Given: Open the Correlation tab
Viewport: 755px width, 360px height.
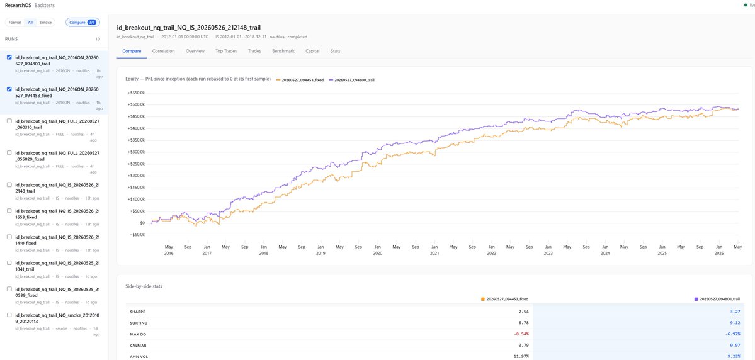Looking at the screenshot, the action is click(163, 51).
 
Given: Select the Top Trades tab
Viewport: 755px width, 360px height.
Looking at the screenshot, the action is click(226, 51).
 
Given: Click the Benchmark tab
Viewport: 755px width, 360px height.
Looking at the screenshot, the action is click(283, 51).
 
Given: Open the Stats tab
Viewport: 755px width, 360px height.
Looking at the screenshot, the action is click(336, 51).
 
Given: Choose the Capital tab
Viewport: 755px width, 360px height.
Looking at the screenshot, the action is click(312, 51).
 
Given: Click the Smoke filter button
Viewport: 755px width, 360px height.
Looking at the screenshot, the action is click(46, 22).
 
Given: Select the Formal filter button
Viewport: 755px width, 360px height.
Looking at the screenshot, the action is click(15, 22).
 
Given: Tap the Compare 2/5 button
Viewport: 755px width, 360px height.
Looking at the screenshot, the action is click(83, 22).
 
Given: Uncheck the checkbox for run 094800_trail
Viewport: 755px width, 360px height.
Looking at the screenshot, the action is click(9, 57).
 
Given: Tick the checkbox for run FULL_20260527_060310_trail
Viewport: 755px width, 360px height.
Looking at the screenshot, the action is click(9, 121).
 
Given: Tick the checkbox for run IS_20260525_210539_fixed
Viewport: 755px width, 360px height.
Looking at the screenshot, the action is click(9, 290).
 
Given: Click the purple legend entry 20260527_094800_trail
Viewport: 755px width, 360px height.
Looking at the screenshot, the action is click(351, 79).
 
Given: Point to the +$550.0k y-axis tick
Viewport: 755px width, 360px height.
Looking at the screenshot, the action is click(136, 93).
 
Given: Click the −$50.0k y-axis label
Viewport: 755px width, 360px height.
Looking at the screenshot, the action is click(136, 235).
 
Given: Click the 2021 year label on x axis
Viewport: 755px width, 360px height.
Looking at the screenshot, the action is click(434, 254).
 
